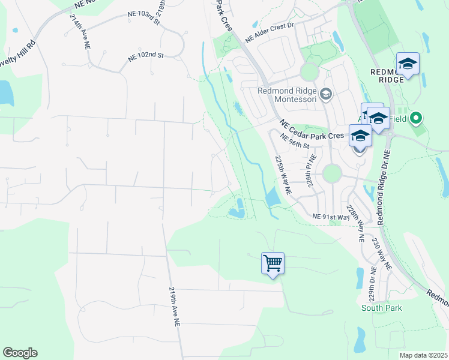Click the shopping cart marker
coord(273,263)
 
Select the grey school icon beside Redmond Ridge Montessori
coord(326,94)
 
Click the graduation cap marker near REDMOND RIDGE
coord(408,64)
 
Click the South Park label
coord(381,308)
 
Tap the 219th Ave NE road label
coord(173,306)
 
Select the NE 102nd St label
coord(146,56)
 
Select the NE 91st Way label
coord(331,216)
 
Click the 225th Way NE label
coord(282,175)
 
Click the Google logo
coord(20,352)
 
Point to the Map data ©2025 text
coord(423,355)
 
